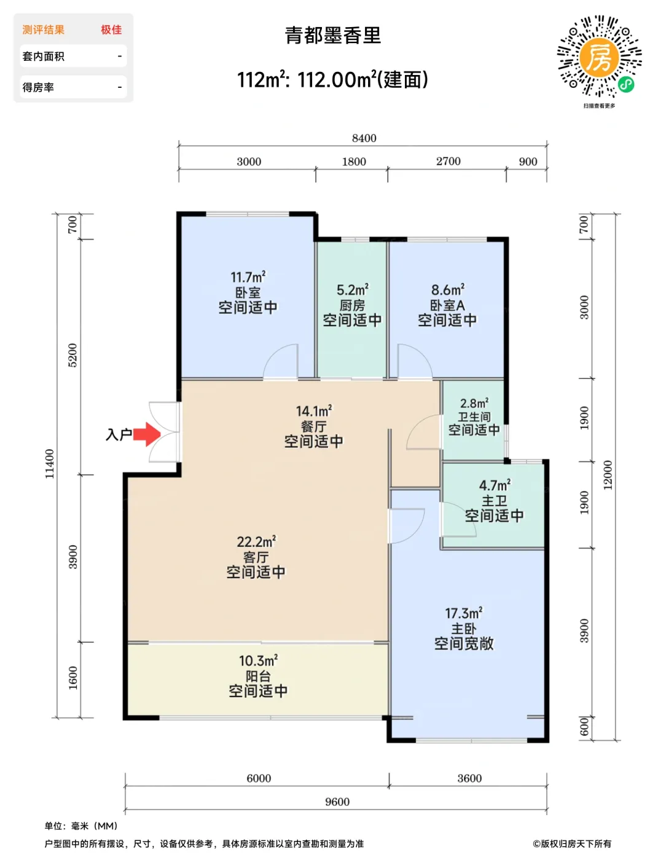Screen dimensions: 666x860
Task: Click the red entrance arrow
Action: [146, 434]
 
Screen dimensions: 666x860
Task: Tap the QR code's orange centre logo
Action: [599, 57]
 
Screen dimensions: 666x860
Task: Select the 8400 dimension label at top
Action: [364, 138]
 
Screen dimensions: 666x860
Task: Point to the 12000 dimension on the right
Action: [608, 475]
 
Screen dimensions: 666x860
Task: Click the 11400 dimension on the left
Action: [50, 464]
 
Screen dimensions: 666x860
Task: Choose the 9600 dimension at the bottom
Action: [337, 802]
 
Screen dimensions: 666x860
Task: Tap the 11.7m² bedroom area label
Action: [248, 277]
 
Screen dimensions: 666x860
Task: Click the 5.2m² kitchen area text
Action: [353, 290]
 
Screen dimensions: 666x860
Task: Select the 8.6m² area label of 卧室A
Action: [447, 290]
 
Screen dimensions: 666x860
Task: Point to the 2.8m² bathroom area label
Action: [474, 404]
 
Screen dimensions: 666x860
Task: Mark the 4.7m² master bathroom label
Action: [495, 485]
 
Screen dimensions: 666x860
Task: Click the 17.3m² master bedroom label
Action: [464, 613]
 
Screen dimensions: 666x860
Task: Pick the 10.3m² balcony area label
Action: [258, 660]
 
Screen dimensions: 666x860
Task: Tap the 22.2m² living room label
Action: [256, 541]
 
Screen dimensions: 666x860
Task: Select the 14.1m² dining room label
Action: [314, 411]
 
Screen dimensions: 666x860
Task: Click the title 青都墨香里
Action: [333, 35]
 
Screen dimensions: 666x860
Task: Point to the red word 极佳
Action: [111, 29]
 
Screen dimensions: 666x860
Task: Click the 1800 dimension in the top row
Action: [354, 162]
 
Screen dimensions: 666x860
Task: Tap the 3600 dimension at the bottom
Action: [469, 778]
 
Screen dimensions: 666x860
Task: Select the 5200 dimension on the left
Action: [73, 355]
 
